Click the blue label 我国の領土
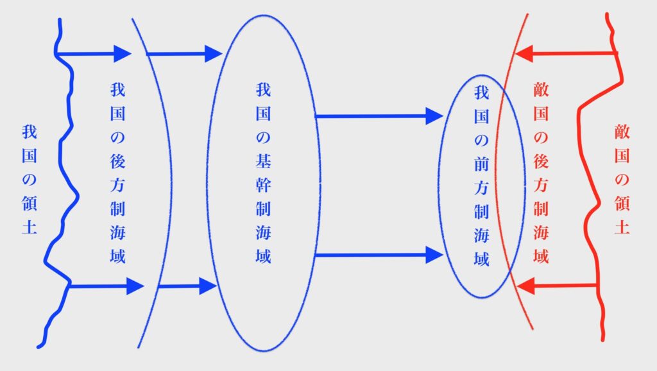point(28,179)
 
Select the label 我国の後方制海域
point(117,173)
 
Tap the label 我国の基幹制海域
point(262,173)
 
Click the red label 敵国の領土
point(620,179)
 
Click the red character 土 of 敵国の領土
point(620,228)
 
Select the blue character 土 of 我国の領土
point(28,228)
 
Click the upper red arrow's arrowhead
point(523,53)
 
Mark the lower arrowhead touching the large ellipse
point(208,286)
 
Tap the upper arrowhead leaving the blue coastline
point(122,52)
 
